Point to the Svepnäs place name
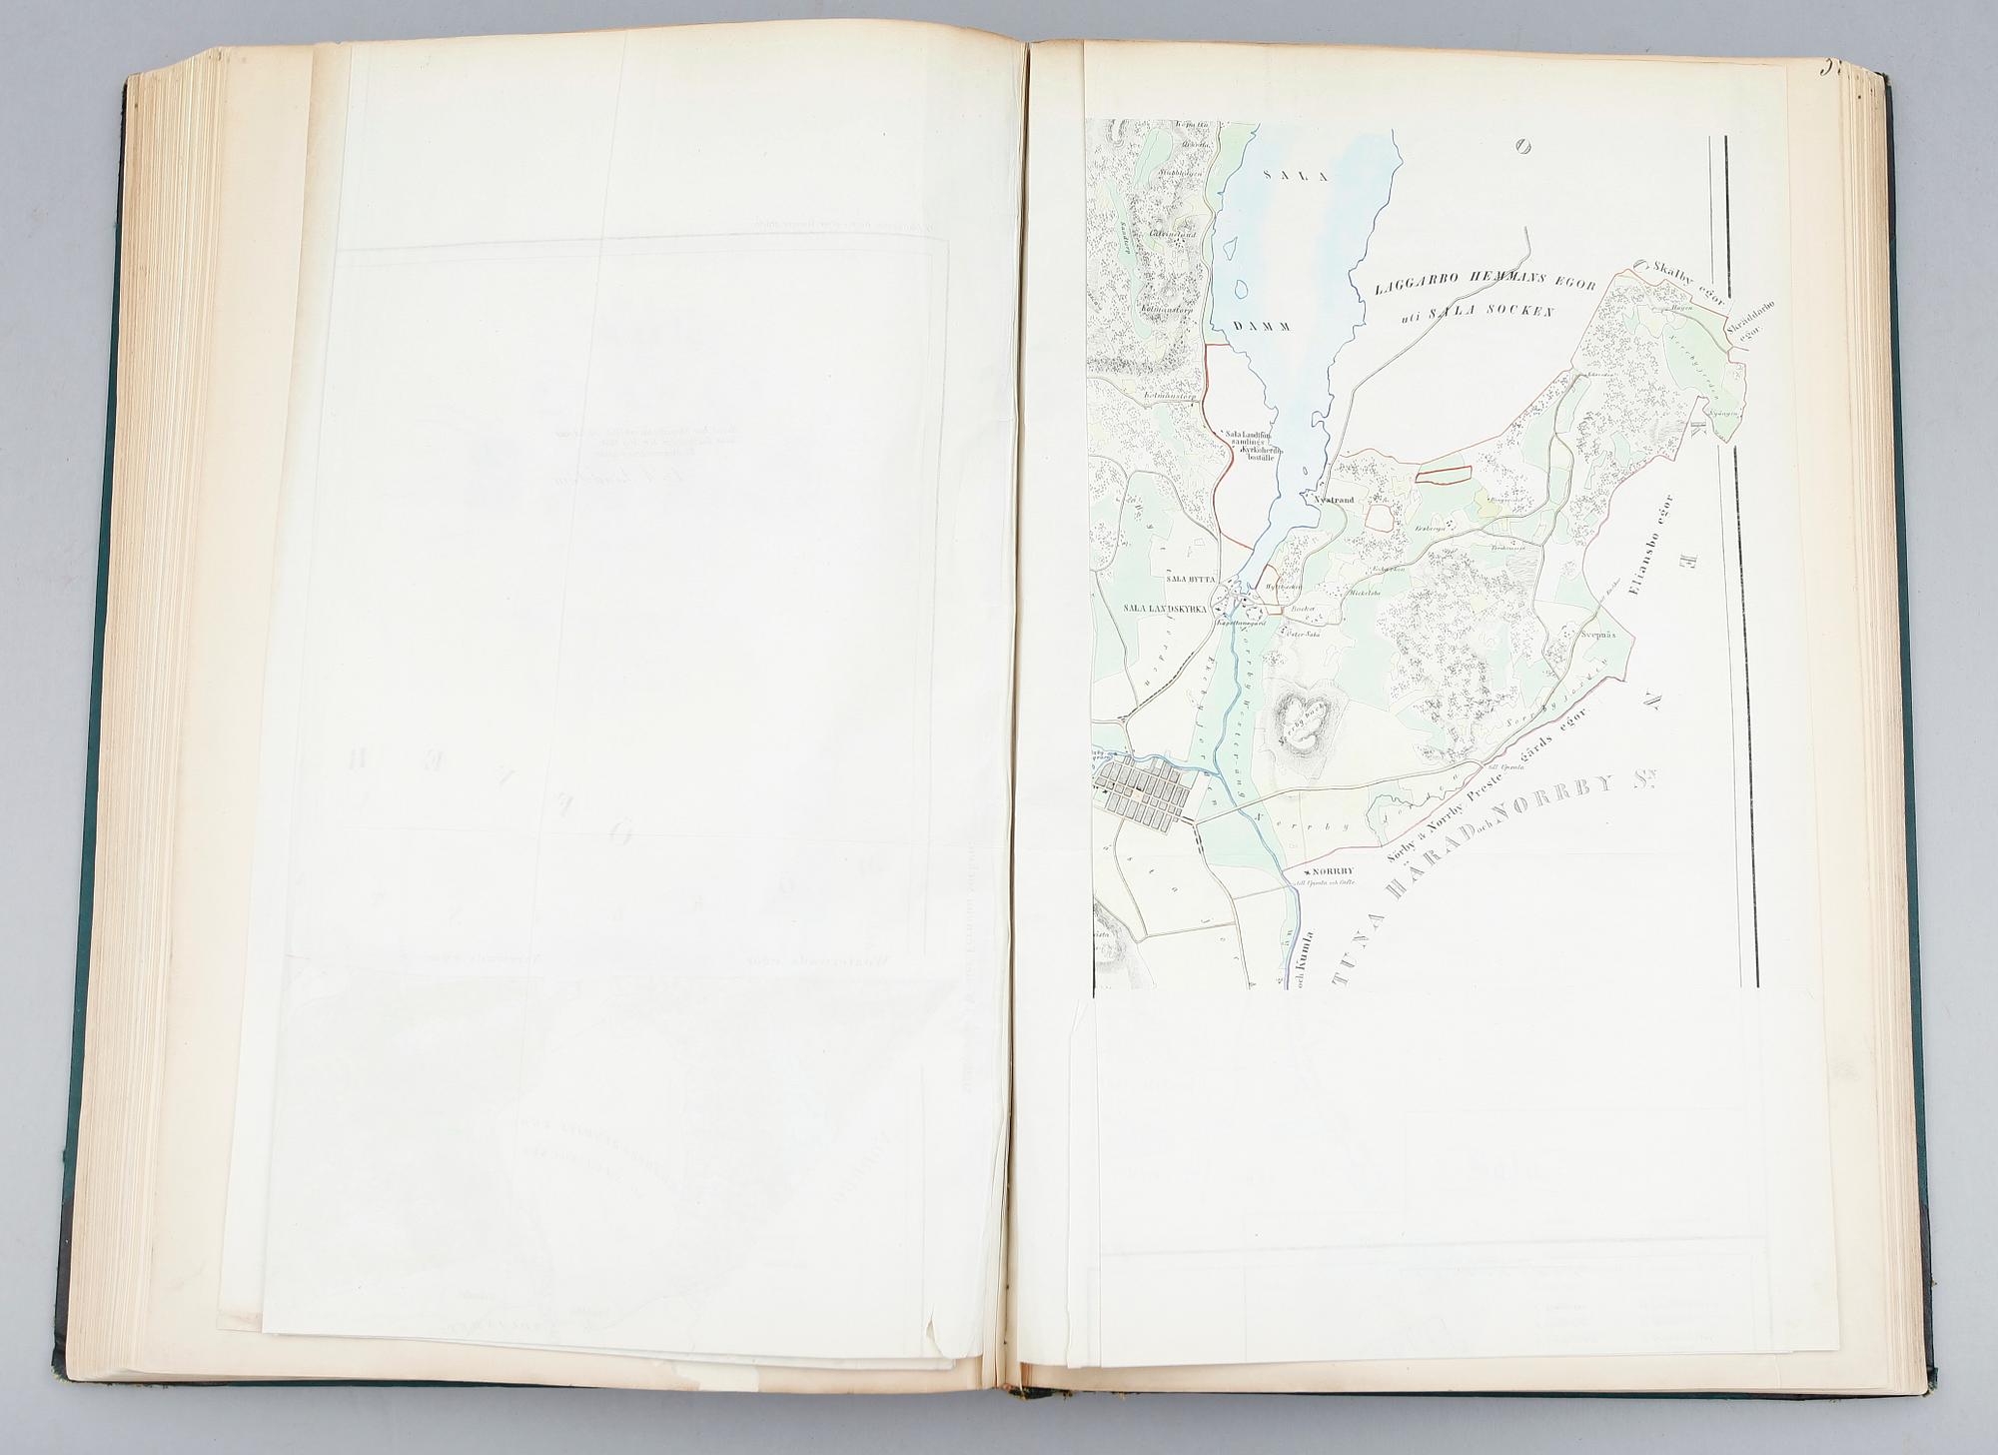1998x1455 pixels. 1598,633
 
